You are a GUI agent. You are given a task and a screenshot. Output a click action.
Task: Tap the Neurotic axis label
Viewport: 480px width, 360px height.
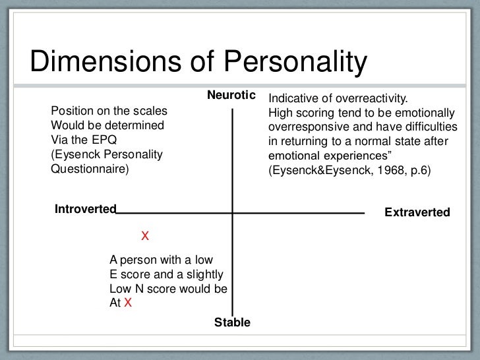click(x=231, y=96)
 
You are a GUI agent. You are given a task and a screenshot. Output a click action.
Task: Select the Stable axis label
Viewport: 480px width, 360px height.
click(x=232, y=322)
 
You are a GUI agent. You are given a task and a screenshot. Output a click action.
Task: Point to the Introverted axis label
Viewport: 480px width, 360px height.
click(x=85, y=210)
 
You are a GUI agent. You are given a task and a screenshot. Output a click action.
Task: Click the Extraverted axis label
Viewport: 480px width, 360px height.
click(x=417, y=212)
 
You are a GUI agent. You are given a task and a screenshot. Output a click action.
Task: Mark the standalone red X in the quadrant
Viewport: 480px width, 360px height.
click(x=146, y=235)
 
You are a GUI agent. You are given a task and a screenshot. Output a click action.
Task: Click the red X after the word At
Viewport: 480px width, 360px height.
click(x=129, y=303)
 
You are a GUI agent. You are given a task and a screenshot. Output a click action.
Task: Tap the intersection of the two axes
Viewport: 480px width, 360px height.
click(x=232, y=213)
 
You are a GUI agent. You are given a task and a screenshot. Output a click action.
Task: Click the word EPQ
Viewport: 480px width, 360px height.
click(x=106, y=139)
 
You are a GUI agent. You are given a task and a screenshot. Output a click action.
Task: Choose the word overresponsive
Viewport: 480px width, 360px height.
click(x=309, y=127)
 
